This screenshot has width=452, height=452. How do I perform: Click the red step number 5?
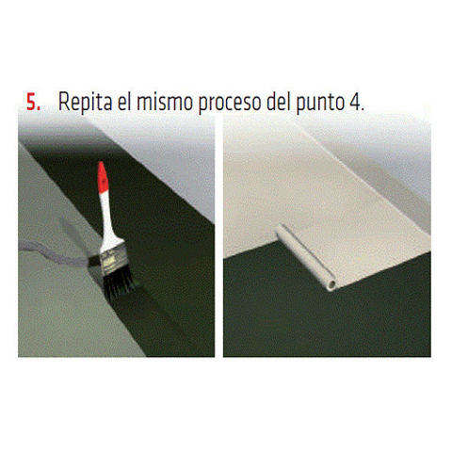[x=33, y=102]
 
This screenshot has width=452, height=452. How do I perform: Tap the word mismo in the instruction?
[x=165, y=102]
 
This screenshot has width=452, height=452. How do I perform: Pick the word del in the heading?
[x=279, y=102]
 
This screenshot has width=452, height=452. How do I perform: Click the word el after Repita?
[x=124, y=102]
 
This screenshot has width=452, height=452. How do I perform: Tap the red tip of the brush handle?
[x=103, y=176]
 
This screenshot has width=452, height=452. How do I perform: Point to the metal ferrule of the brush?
[x=114, y=260]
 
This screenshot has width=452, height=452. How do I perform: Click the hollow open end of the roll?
[x=331, y=285]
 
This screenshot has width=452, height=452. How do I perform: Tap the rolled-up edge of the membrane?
[x=304, y=256]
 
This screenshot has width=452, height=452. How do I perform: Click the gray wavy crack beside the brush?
[x=54, y=252]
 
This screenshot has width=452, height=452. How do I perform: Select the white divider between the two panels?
[x=218, y=235]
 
